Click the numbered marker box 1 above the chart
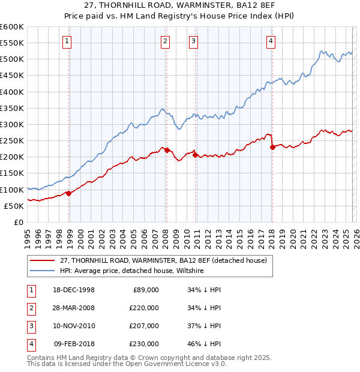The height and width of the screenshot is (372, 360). coord(66,41)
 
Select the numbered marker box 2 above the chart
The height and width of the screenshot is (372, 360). coord(164,41)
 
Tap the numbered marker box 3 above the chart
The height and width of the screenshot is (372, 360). coord(194,41)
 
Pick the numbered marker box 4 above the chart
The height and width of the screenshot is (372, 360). coord(271,41)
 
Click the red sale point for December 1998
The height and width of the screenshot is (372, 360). coord(69,193)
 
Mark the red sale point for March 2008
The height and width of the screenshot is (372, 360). coord(167,150)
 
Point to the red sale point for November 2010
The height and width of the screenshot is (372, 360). coord(196,155)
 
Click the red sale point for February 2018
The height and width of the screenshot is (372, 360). coord(272,147)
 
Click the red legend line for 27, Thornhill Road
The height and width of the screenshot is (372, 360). coord(43,260)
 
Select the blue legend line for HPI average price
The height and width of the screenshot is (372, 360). coord(43,271)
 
